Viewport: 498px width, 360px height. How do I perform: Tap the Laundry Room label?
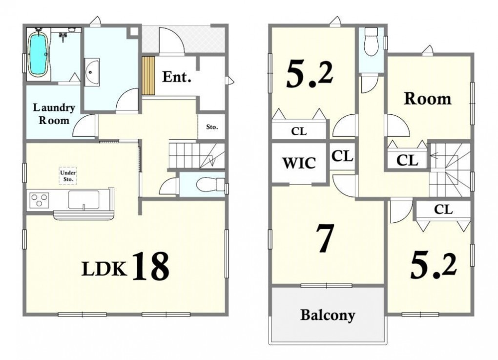pos(54,114)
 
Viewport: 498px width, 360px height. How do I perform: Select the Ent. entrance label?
pos(177,77)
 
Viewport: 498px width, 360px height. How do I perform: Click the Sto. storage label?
pos(212,127)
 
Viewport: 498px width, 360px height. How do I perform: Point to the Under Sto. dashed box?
pos(68,176)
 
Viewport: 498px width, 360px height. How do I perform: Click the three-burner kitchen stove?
pos(39,200)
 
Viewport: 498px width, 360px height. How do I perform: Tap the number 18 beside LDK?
pos(151,266)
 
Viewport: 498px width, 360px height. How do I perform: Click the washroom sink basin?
pos(92,72)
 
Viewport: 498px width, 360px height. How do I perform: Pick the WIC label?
pos(299,163)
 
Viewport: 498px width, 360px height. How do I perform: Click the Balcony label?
pos(328,315)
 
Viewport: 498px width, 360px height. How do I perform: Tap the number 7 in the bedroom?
pos(325,238)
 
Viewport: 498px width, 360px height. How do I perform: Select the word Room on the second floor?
pos(428,99)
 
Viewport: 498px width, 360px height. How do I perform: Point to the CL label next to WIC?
pos(342,156)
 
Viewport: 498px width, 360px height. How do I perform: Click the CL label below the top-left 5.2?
pos(299,131)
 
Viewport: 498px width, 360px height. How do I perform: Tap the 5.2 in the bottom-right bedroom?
pos(434,266)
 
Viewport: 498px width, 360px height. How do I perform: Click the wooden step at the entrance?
pos(148,76)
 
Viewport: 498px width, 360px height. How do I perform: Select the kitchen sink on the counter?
pos(84,200)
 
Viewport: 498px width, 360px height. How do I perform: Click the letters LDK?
pos(104,269)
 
